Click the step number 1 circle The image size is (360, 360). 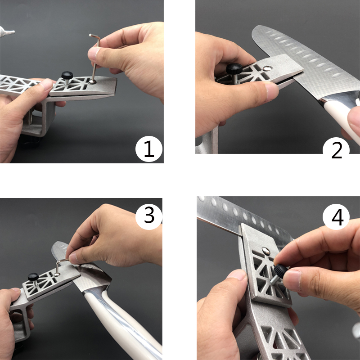coord(148,149)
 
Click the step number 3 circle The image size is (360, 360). coord(149,216)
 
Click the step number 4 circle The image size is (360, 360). coord(337,217)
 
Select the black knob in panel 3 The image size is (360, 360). coord(33,276)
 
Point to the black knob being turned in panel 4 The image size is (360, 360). coord(280,270)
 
